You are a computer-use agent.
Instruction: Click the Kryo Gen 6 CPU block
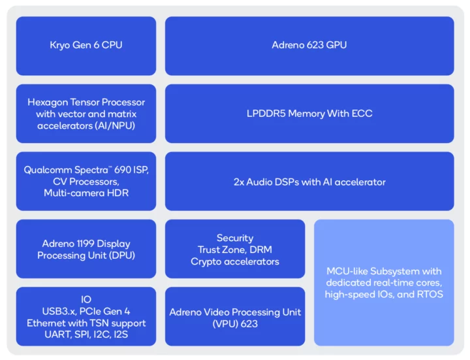click(86, 45)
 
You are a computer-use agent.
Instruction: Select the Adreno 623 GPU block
click(309, 45)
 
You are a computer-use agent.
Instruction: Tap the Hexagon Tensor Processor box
click(86, 113)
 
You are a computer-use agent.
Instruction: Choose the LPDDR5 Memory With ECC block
click(309, 113)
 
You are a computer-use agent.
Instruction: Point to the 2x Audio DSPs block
click(309, 182)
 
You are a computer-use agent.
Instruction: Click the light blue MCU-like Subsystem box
click(383, 282)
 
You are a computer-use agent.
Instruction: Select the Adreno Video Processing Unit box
click(234, 318)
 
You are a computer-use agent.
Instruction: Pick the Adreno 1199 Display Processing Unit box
click(86, 250)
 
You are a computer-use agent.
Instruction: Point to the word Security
click(234, 238)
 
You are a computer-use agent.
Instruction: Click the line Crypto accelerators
click(234, 261)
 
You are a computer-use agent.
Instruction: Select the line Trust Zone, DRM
click(234, 250)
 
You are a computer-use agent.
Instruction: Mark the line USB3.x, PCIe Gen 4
click(86, 311)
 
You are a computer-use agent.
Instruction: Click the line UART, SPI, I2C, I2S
click(86, 335)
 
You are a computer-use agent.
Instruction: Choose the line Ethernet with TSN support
click(86, 323)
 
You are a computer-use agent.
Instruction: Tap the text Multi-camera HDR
click(86, 193)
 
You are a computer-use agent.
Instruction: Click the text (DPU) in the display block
click(121, 255)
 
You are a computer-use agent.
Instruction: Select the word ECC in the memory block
click(362, 113)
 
